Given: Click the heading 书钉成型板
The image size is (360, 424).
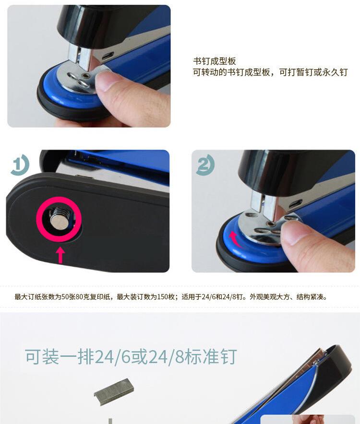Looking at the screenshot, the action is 215,61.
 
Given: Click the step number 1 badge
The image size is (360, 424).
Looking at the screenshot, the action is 20,164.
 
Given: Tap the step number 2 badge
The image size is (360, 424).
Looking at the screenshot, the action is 205,165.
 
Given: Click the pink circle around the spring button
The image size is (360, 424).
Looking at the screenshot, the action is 59,219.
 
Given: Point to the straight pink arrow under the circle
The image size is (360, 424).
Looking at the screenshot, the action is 60,255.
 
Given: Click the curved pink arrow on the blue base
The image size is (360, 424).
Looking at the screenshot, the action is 234,239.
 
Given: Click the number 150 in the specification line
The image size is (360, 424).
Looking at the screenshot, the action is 162,297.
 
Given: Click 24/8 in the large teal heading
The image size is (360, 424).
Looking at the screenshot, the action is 167,356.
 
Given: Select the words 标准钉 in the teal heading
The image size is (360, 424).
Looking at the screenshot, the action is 211,356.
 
